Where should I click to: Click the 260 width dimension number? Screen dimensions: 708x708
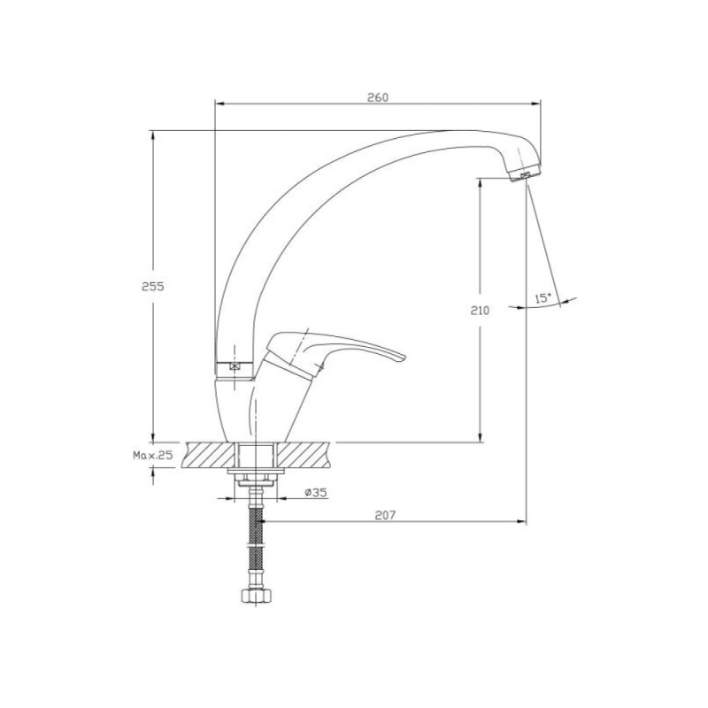[x=378, y=97]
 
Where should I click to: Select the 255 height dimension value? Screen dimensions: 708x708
[x=153, y=286]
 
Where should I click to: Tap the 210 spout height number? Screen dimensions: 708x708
[x=480, y=311]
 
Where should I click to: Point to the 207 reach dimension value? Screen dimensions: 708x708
[x=385, y=515]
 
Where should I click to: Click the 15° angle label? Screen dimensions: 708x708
[x=543, y=298]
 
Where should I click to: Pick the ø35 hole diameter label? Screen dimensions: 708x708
[x=316, y=492]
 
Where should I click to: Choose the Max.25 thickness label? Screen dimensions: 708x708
[x=152, y=455]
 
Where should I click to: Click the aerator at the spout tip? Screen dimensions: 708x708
[x=526, y=173]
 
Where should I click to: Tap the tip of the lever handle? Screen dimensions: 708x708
[x=404, y=358]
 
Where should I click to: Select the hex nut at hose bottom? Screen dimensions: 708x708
[x=257, y=596]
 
